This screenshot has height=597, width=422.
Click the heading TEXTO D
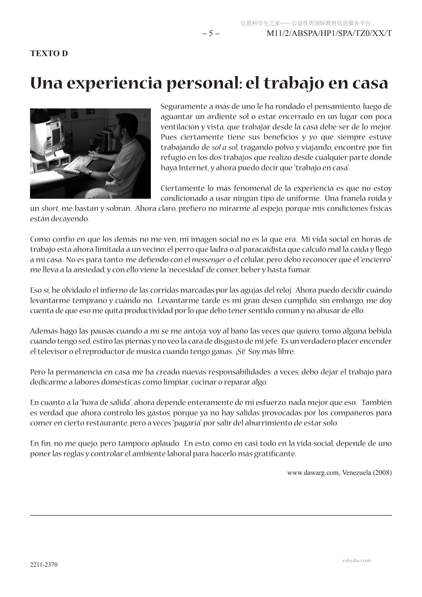click(49, 53)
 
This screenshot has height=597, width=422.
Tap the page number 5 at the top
click(211, 33)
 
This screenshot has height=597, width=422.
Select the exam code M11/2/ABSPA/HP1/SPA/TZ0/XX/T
click(329, 33)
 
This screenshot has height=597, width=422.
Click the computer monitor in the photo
click(49, 135)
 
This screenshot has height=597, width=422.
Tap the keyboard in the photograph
click(78, 164)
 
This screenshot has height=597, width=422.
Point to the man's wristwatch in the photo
click(90, 172)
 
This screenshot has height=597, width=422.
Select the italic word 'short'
click(50, 209)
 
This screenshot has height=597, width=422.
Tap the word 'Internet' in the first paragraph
click(194, 168)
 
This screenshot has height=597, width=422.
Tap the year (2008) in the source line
click(382, 473)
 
